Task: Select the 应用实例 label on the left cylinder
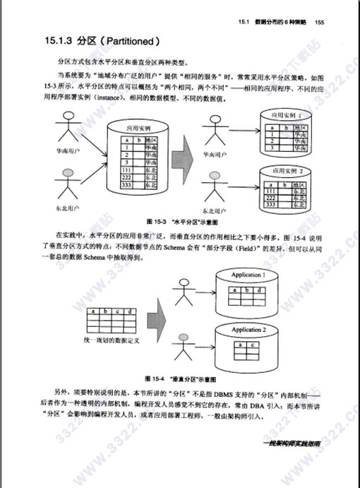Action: (x=138, y=129)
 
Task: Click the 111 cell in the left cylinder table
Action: (x=126, y=170)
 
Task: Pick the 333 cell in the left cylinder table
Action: (x=126, y=185)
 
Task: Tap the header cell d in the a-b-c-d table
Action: (x=130, y=311)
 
